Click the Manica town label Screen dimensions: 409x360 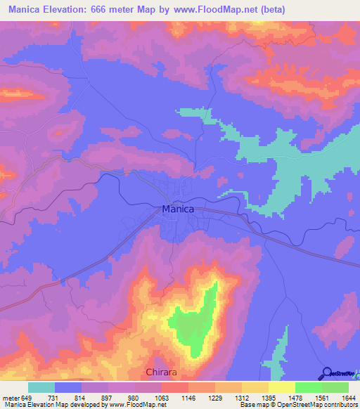[178, 209]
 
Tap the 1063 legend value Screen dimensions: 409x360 [161, 397]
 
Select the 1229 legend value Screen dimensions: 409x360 [214, 397]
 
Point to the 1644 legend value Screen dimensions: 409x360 [349, 397]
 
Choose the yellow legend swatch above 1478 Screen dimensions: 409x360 [281, 387]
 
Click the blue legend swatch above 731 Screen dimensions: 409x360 [68, 387]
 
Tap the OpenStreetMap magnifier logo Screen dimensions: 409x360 [326, 373]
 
